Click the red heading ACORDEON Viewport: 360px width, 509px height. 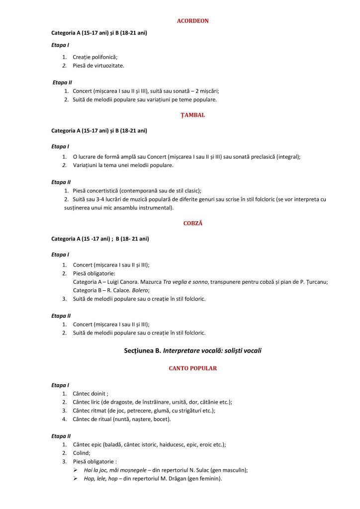[x=193, y=21]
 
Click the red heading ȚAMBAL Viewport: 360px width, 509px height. [x=193, y=115]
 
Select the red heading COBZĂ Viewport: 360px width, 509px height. [x=193, y=223]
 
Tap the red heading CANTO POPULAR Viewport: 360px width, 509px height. [x=193, y=368]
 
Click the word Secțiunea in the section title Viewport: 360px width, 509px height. [x=142, y=350]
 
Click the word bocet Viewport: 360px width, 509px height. [x=160, y=419]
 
